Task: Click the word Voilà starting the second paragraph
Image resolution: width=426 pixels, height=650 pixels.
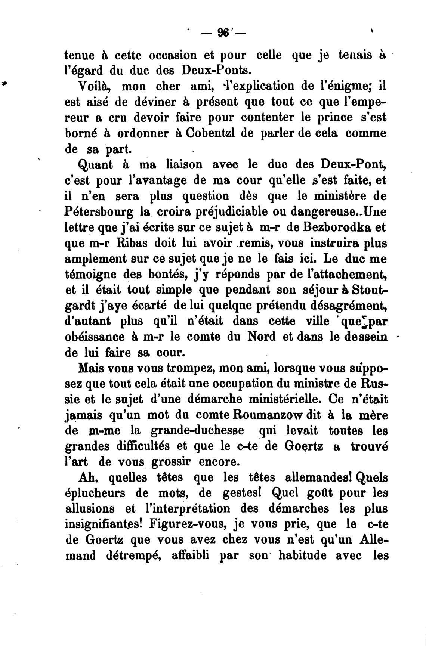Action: pyautogui.click(x=94, y=86)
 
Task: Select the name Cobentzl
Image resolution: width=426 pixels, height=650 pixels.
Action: pyautogui.click(x=201, y=133)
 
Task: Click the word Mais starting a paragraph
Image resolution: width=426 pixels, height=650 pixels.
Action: pyautogui.click(x=91, y=368)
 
